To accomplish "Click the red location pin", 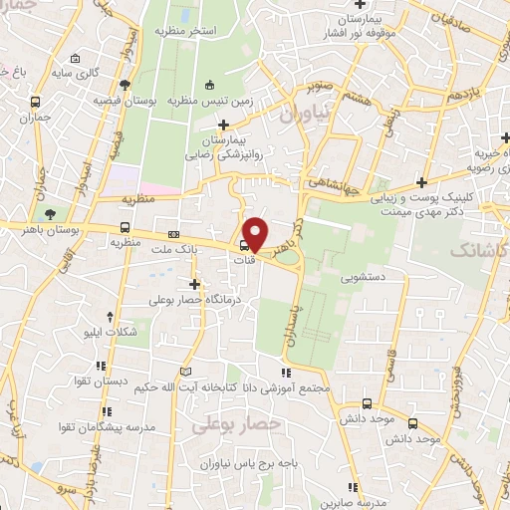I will (256, 233).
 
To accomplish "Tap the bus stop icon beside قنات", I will (245, 245).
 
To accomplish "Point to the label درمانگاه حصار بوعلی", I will (193, 299).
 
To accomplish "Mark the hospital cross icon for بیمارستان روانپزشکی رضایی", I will (225, 125).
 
